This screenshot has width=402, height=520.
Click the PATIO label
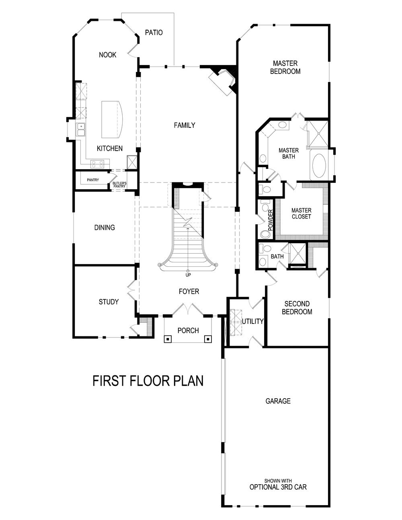coord(154,33)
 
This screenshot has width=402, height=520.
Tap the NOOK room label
coord(108,55)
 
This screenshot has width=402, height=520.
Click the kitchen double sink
coord(81,130)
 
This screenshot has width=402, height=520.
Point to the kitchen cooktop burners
coord(98,164)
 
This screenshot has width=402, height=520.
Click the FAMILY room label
coord(185,125)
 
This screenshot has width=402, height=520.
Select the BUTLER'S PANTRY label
coord(119,185)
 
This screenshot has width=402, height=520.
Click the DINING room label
coord(105,228)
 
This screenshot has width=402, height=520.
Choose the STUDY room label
coord(109,302)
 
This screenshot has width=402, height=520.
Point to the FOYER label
coord(189,291)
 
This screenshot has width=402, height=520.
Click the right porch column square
coord(208,339)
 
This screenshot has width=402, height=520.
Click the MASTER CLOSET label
coord(301,213)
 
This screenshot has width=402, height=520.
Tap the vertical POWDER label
coord(271,219)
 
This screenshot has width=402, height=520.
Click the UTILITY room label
coord(252,321)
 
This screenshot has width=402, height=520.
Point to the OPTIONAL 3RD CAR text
coord(278,487)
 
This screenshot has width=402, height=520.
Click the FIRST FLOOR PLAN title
coord(148,381)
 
